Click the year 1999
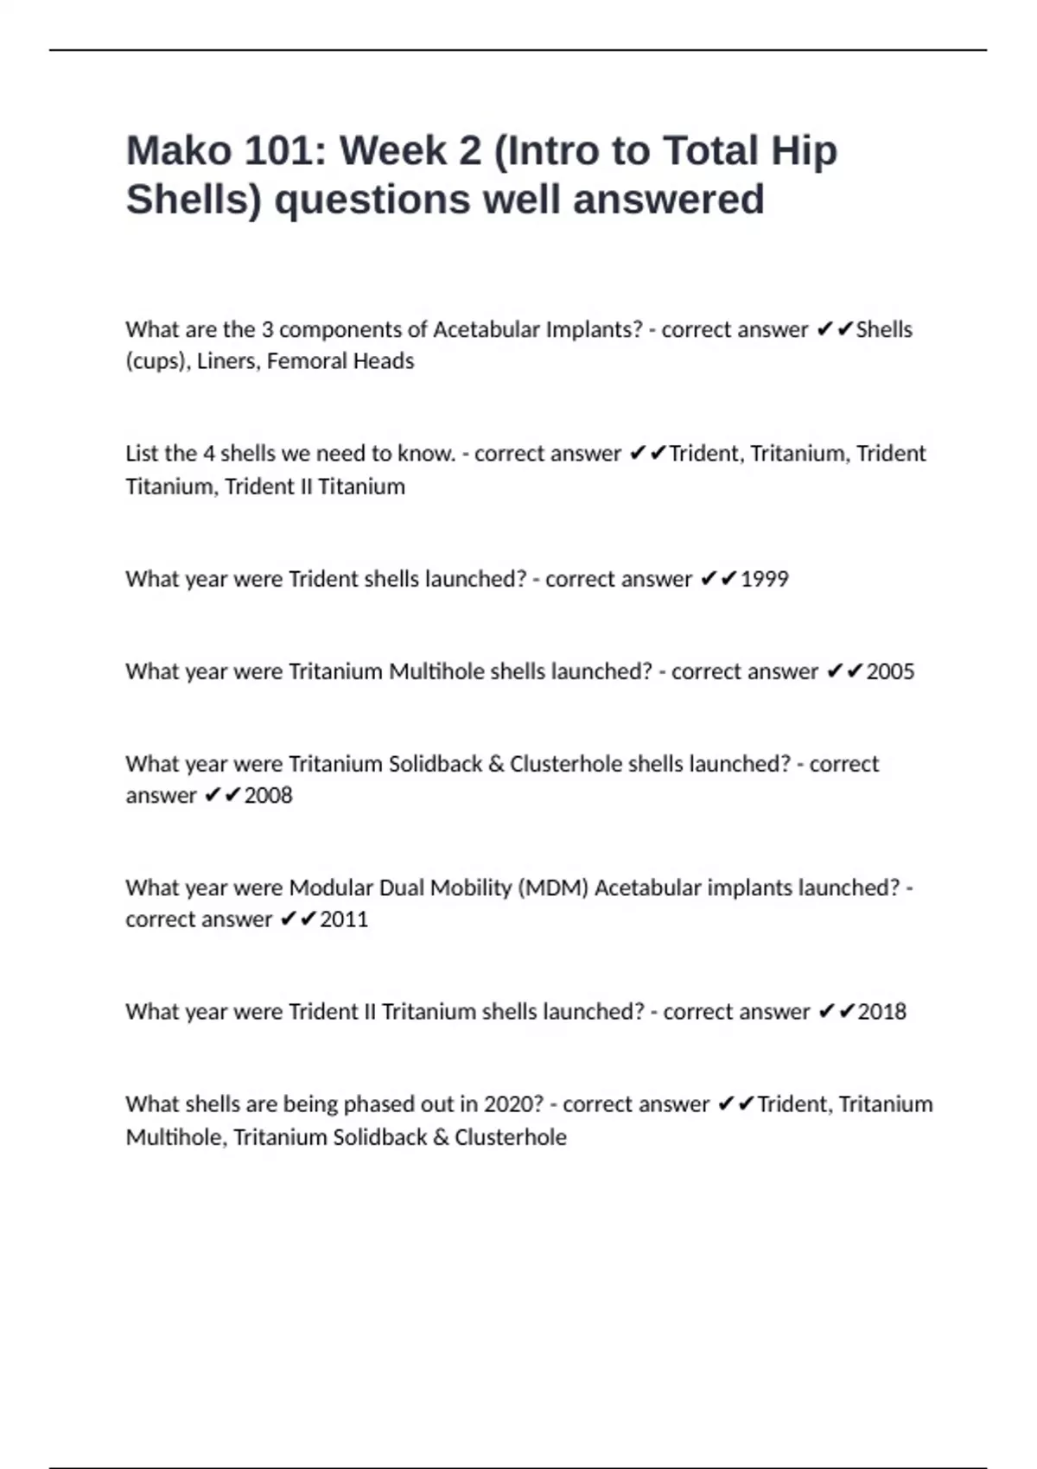tap(765, 579)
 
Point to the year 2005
tap(890, 671)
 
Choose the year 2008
tap(268, 795)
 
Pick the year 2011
tap(344, 919)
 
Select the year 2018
tap(882, 1012)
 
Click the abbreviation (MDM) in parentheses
tap(553, 888)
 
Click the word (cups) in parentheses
tap(157, 361)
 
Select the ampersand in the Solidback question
tap(496, 765)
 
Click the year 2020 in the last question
tap(513, 1104)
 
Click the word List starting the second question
tap(142, 454)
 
